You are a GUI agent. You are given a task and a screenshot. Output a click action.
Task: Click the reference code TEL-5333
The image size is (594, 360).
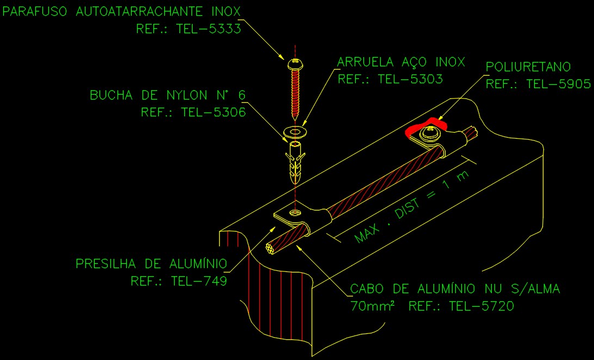click(209, 29)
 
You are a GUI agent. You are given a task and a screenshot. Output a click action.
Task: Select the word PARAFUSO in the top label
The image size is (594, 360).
click(34, 11)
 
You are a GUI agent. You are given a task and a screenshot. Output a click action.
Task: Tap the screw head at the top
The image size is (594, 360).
click(295, 64)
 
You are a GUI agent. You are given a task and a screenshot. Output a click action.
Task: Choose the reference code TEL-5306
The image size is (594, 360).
click(213, 112)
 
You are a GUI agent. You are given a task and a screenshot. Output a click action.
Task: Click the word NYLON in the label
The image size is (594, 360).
click(187, 95)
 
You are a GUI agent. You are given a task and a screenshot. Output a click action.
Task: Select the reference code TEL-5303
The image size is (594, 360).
click(410, 79)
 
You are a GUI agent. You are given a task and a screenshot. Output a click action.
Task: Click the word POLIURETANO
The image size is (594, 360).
click(529, 67)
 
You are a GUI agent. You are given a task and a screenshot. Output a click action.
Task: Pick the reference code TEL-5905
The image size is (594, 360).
click(559, 84)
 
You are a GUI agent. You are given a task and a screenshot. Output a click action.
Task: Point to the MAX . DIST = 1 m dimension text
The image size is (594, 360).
click(412, 207)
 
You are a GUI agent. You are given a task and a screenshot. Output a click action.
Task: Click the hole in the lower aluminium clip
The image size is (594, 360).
click(294, 212)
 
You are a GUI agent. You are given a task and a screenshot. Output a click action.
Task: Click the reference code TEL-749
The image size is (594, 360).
click(199, 281)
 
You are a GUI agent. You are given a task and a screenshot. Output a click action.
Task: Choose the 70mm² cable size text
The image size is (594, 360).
click(373, 306)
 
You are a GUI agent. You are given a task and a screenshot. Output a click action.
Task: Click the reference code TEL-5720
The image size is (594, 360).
click(481, 306)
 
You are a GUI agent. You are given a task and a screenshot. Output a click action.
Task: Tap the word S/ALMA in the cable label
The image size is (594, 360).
click(536, 289)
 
